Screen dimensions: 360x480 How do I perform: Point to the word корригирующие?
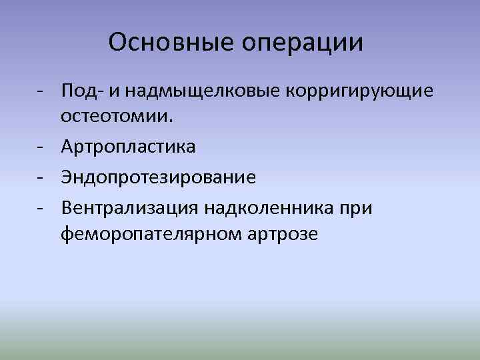(x=360, y=91)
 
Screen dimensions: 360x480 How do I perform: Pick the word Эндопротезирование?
(x=159, y=178)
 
